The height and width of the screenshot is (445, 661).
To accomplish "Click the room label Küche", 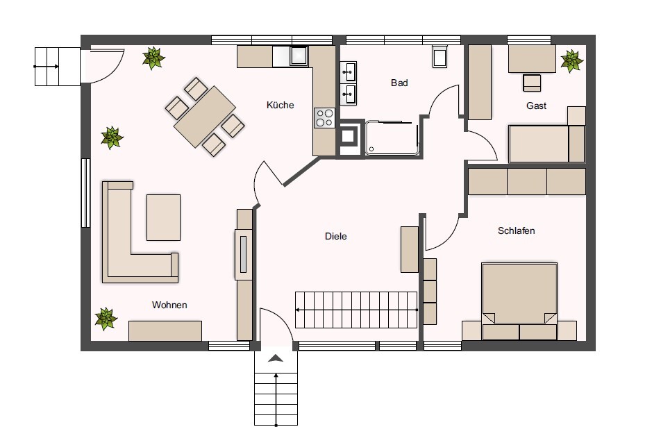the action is pyautogui.click(x=280, y=105).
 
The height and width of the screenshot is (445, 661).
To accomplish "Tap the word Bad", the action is pyautogui.click(x=399, y=83).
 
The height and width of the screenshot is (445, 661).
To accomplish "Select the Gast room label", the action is pyautogui.click(x=536, y=106).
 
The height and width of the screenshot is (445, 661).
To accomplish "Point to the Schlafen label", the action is pyautogui.click(x=516, y=231).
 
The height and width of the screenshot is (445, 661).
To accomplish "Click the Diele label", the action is pyautogui.click(x=336, y=237).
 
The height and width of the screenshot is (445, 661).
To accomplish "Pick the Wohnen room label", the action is pyautogui.click(x=169, y=305).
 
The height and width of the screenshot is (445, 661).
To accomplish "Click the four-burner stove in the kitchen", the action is pyautogui.click(x=324, y=117).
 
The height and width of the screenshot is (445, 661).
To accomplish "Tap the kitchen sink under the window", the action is pyautogui.click(x=299, y=56).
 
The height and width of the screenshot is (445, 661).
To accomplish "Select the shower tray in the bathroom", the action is pyautogui.click(x=392, y=138).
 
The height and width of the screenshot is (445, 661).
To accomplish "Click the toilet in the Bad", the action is pyautogui.click(x=440, y=57).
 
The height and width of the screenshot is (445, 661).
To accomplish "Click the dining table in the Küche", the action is pyautogui.click(x=205, y=117).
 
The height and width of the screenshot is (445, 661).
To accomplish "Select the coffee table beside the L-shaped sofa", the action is pyautogui.click(x=164, y=217).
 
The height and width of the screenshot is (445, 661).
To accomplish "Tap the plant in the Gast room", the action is pyautogui.click(x=571, y=60).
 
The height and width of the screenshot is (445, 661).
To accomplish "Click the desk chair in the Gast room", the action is pyautogui.click(x=532, y=83).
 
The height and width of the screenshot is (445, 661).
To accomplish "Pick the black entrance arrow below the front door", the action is pyautogui.click(x=276, y=358).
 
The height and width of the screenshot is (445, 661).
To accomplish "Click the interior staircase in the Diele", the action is pyautogui.click(x=356, y=310).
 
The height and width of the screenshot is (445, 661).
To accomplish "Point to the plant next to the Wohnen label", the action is pyautogui.click(x=106, y=319).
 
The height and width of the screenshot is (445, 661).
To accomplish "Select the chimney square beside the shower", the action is pyautogui.click(x=349, y=137).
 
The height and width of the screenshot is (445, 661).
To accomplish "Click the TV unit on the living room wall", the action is pyautogui.click(x=243, y=255).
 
